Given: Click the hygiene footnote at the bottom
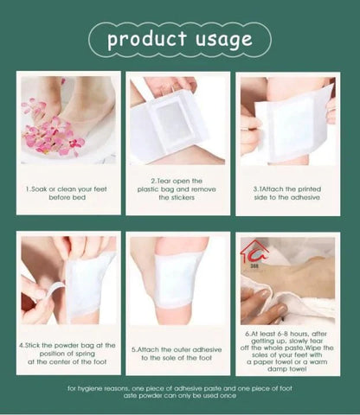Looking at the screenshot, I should coord(179,393).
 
